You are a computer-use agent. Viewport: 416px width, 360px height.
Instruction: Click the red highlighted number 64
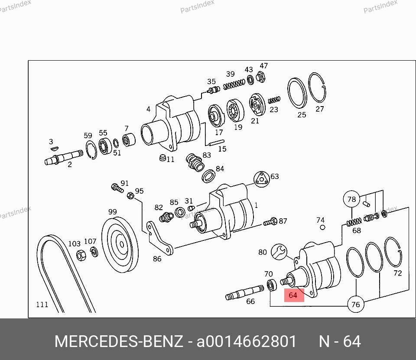pos(294,295)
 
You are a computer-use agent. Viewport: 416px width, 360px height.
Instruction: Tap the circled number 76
pos(355,304)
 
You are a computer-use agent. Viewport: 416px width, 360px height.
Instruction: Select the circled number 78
pos(351,199)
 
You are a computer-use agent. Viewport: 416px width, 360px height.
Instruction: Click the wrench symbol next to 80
pos(279,252)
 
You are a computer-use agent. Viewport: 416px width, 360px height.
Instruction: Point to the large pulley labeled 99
pos(120,244)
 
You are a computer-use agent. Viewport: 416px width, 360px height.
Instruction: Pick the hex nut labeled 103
pos(81,256)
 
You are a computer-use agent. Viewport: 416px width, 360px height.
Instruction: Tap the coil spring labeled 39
pos(234,84)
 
